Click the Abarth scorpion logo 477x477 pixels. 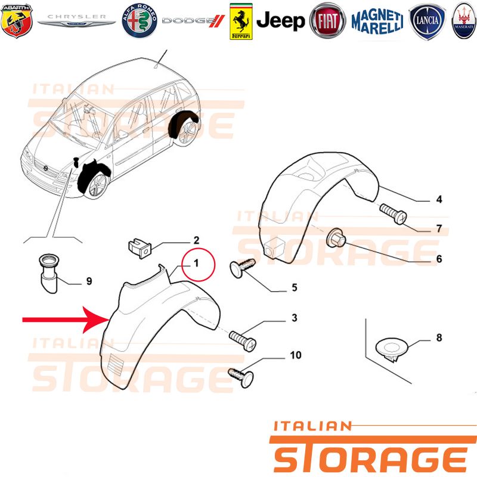coord(17,21)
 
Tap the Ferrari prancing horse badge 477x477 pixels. coord(241,21)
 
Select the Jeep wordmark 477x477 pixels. coord(280,21)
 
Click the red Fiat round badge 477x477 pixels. coord(327,21)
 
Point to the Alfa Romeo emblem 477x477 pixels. coord(140,21)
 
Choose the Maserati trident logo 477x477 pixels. coord(464,21)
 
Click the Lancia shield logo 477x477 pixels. coord(427,21)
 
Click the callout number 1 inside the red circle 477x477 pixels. coord(196,263)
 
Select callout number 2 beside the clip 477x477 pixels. coord(196,240)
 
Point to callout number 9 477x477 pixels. coord(89,281)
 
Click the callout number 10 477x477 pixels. coord(295,355)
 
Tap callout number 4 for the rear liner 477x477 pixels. coord(439,199)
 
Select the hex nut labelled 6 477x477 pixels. coord(336,237)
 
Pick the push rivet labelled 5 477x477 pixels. coord(241,267)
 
